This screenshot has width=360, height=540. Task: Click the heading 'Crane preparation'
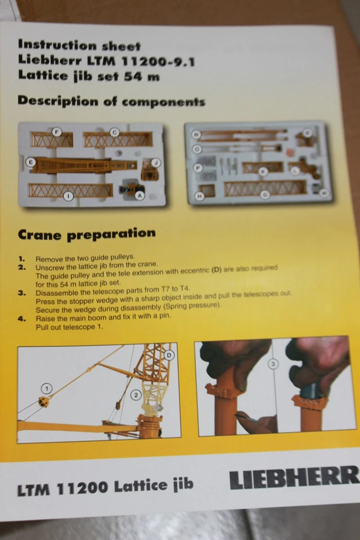click(x=87, y=234)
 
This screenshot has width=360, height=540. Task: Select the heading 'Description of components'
click(x=111, y=101)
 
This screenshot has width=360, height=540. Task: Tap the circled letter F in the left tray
click(x=57, y=132)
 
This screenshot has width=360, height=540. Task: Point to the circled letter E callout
click(x=31, y=163)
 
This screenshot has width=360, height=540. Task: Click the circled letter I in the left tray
click(x=68, y=196)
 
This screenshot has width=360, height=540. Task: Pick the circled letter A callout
click(x=139, y=195)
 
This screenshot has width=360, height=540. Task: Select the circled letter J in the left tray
click(x=156, y=163)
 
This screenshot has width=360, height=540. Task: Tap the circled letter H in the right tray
click(x=199, y=196)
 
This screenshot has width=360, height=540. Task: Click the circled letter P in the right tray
click(x=197, y=167)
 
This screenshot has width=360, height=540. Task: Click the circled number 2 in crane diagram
click(x=136, y=395)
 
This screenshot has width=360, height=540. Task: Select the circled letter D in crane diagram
click(x=169, y=355)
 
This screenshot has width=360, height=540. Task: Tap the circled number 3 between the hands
click(x=273, y=364)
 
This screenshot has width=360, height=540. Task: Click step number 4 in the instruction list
click(x=21, y=318)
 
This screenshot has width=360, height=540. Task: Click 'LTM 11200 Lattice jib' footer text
click(x=105, y=488)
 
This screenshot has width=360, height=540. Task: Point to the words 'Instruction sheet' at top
click(x=79, y=45)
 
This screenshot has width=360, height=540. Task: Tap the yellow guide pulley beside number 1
click(x=42, y=400)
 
